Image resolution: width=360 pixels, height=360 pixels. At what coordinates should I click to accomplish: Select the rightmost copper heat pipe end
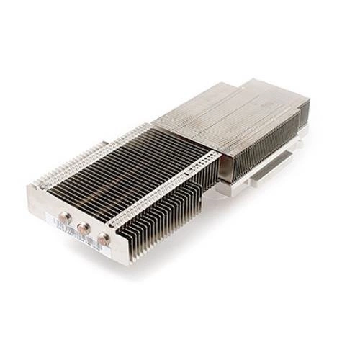[x=103, y=238]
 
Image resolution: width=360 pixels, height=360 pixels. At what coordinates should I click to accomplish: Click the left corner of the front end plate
[x=30, y=191]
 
